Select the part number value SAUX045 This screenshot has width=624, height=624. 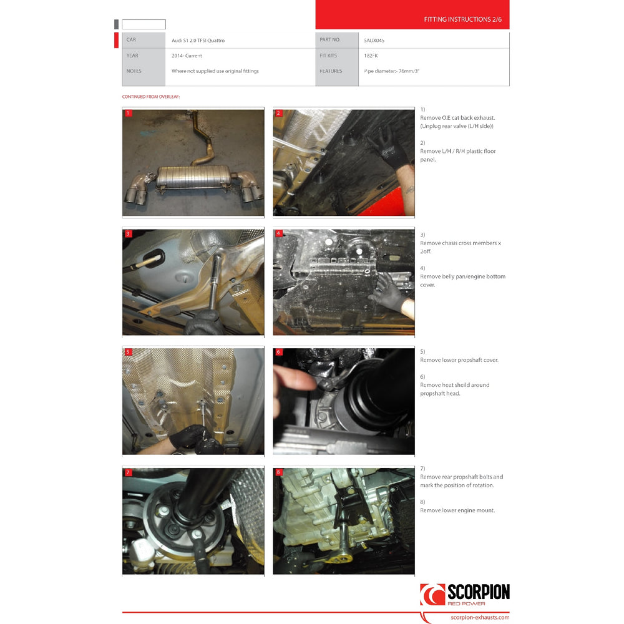point(374,40)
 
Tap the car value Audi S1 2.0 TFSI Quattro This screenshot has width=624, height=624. point(198,41)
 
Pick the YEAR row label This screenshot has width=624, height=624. point(132,56)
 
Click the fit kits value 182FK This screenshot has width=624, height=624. point(371,56)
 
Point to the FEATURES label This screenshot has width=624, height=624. point(330,71)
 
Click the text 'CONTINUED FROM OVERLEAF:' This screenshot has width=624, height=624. point(150,97)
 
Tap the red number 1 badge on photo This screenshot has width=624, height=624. point(128,114)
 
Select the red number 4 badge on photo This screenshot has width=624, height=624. point(279,233)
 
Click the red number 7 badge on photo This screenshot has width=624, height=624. point(128,473)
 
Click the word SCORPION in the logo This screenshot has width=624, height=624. point(478,593)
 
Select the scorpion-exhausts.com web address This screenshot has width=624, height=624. point(479,617)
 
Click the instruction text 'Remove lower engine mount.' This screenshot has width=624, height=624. point(457,510)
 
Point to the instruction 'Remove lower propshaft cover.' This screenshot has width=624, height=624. point(459,360)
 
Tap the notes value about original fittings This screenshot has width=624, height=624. point(215,71)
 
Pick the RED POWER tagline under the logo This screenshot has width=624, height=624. point(466,604)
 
